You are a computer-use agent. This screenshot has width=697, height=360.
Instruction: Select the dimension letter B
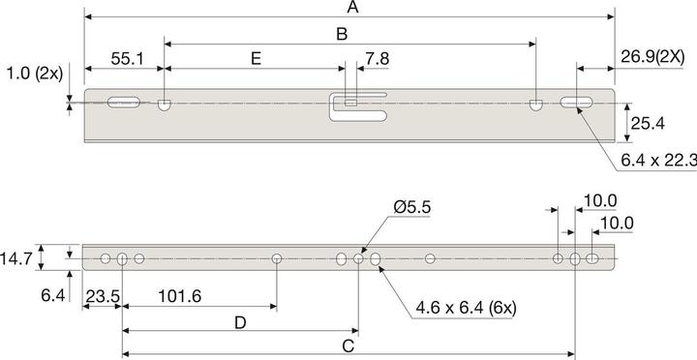tap(341, 34)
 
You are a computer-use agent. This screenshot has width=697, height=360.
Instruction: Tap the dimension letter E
tap(255, 59)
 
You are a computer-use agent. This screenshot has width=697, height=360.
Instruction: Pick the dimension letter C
tap(348, 345)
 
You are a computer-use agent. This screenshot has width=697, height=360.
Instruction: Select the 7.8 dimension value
tap(378, 59)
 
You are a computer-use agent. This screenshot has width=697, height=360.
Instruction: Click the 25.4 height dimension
tap(646, 123)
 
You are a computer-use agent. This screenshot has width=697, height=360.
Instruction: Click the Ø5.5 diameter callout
tap(414, 207)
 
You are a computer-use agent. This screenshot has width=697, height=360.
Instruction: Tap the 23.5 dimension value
tap(102, 296)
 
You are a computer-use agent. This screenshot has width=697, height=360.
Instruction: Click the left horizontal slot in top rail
tap(124, 100)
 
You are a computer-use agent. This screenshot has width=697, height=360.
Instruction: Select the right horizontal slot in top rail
tap(577, 102)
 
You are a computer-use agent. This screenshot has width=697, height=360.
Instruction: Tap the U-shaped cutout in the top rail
tap(358, 105)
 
